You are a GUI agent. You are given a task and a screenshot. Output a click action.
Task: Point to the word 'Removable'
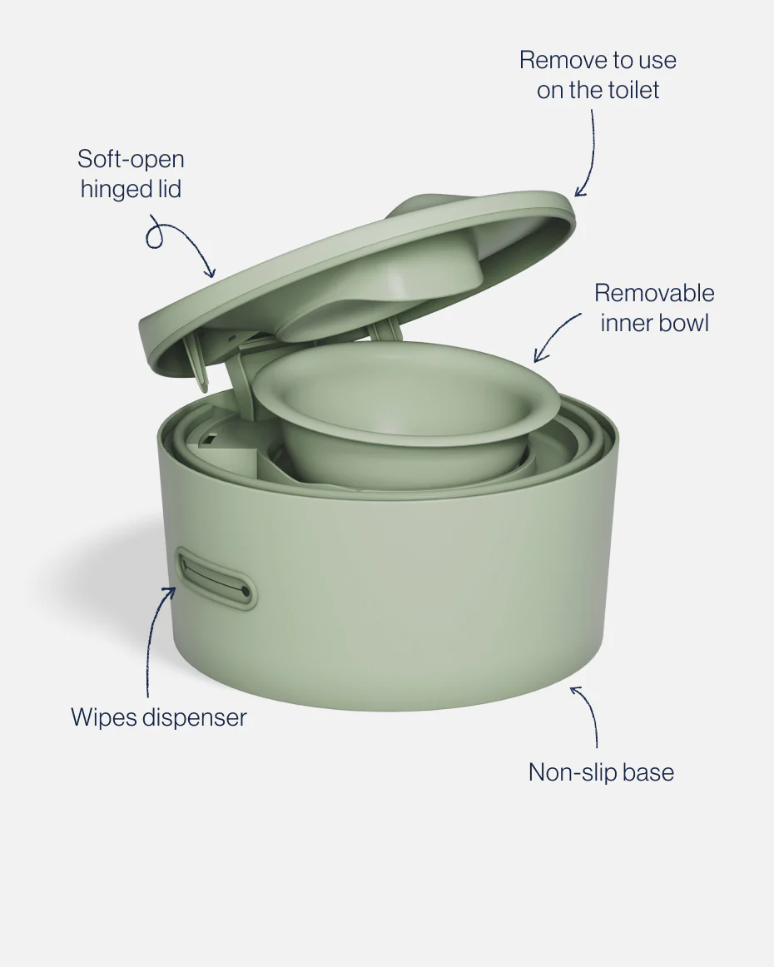coord(653,293)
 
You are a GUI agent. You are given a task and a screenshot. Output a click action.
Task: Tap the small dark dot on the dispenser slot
coord(245,590)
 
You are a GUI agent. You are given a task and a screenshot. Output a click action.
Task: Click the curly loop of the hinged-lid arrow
coord(156,236)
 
